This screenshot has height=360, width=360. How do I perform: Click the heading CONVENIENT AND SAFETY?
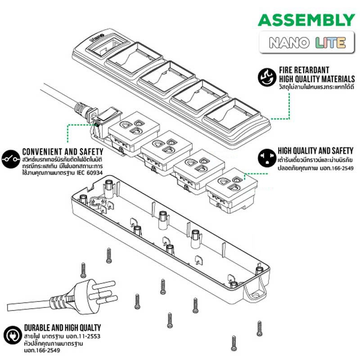[x=63, y=152]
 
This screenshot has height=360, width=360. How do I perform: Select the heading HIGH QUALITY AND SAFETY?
[x=315, y=151]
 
